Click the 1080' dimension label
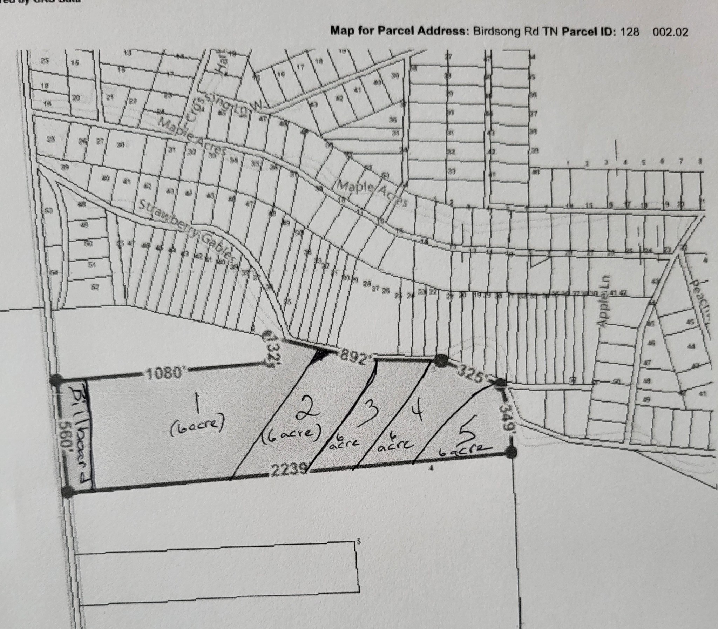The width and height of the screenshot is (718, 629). tap(164, 374)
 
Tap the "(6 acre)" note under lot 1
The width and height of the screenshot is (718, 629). tap(197, 426)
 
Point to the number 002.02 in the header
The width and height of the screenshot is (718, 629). tap(670, 32)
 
